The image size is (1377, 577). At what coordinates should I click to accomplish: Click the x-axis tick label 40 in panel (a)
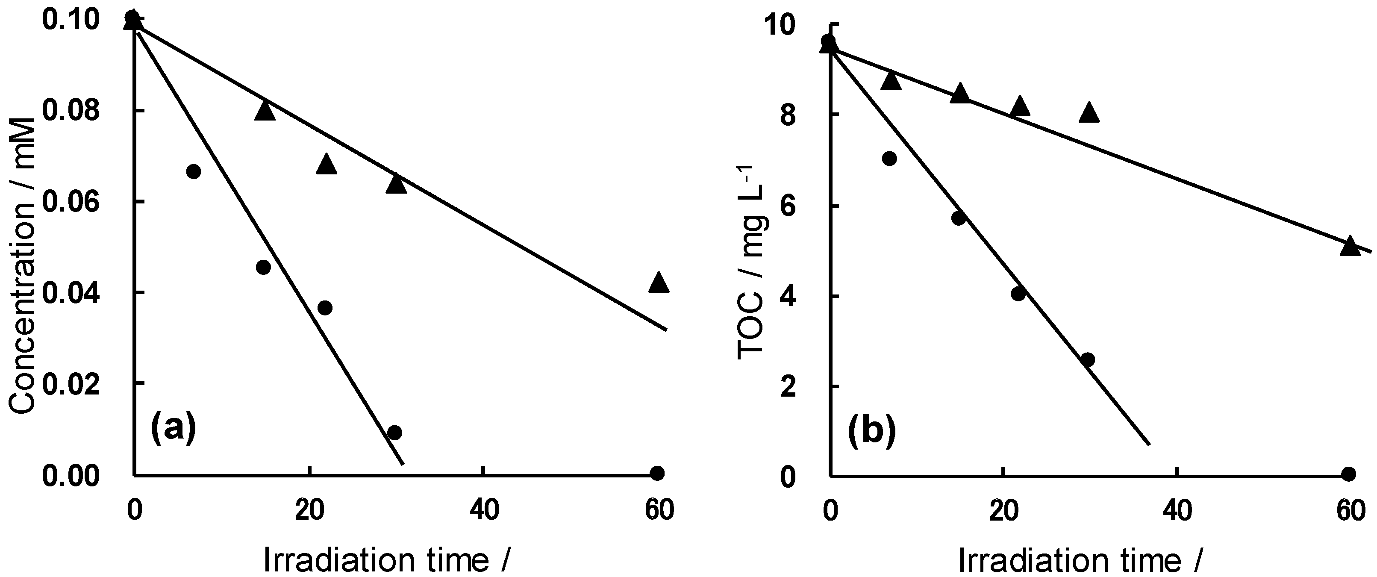(x=484, y=511)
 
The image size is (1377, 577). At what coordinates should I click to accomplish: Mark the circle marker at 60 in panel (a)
(x=657, y=473)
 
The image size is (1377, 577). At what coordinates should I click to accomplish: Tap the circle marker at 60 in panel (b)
(x=1349, y=473)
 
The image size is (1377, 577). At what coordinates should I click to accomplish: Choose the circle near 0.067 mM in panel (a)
(x=194, y=172)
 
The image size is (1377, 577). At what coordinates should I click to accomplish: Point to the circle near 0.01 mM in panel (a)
(x=394, y=433)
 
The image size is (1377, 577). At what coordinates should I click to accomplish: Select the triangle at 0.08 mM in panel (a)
(x=265, y=111)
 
